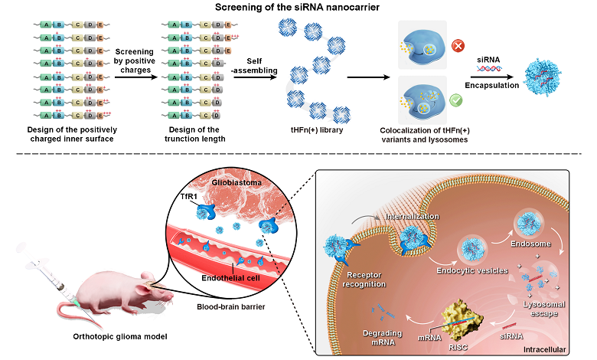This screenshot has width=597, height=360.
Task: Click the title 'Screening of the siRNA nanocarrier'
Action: (x=298, y=8)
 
